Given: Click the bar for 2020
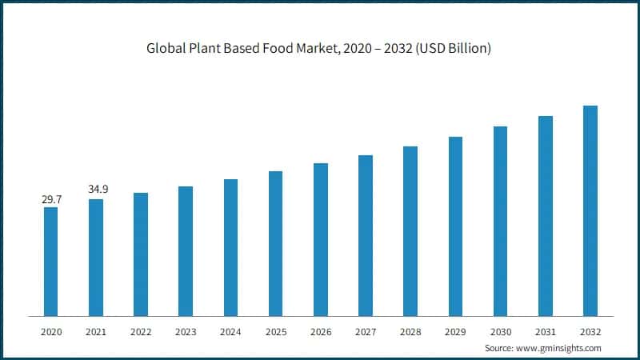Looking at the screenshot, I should (x=50, y=261).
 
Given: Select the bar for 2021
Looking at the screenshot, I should (x=95, y=257).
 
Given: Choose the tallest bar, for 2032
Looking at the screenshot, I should (x=590, y=210).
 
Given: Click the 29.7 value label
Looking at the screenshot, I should (x=51, y=199).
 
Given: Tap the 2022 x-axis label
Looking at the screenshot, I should (x=141, y=331).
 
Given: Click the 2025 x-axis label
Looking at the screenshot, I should (x=276, y=331).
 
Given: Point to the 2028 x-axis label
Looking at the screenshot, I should (x=410, y=331).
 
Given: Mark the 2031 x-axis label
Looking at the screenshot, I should (x=546, y=331).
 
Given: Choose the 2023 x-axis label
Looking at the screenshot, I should (x=186, y=331).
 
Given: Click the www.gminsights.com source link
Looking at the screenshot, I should (x=559, y=348).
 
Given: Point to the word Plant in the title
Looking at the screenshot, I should (x=205, y=49).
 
